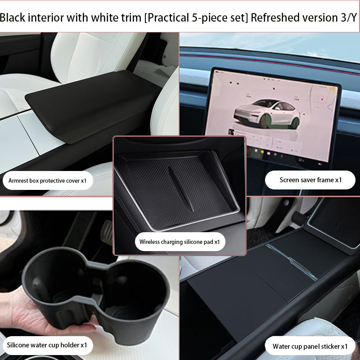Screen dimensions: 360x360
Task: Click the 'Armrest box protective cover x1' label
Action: point(50,180)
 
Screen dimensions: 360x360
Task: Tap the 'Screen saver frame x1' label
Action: point(310,180)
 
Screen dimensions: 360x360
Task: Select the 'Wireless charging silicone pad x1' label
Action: point(180,242)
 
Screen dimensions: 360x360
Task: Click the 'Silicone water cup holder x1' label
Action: point(47,345)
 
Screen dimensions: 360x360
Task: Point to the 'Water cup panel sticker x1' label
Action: point(310,346)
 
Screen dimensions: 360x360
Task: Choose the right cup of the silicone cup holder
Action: point(135,288)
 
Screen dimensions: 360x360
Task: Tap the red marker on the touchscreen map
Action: point(322,98)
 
